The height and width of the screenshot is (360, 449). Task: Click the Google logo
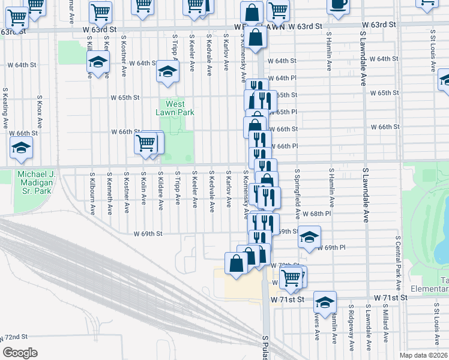(20, 353)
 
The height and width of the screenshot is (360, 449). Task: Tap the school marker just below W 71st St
(325, 303)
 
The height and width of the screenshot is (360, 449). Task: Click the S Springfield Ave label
(297, 193)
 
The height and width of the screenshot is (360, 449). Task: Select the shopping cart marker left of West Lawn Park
(146, 144)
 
